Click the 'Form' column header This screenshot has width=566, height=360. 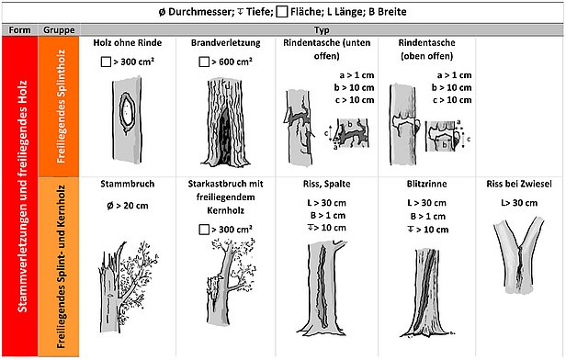point(19,30)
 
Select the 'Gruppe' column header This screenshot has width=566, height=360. point(59,30)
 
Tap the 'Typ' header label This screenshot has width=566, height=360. point(322,30)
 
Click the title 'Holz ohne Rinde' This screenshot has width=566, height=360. point(128,42)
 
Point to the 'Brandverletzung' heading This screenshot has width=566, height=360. point(226,42)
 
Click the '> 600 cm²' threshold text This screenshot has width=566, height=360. point(232,62)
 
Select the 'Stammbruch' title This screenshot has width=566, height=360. point(128,184)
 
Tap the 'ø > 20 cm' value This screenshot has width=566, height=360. point(128,206)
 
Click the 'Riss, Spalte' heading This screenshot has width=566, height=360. point(327,184)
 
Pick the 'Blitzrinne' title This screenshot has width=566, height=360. point(426,184)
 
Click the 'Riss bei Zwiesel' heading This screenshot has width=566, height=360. point(519,184)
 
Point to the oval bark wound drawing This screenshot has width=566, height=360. point(127,113)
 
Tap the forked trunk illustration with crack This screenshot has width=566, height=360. point(518,255)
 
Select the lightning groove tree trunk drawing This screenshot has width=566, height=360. point(426,293)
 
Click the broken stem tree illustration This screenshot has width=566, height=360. point(128,287)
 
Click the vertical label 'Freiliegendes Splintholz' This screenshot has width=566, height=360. point(61,106)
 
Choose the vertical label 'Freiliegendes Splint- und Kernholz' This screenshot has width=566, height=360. point(61,267)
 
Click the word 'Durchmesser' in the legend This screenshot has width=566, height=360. point(199,12)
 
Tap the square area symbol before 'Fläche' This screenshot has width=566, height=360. point(281,12)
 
